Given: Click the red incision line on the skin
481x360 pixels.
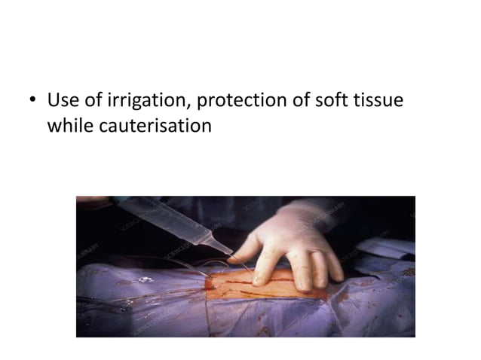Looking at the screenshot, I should [256, 282].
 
